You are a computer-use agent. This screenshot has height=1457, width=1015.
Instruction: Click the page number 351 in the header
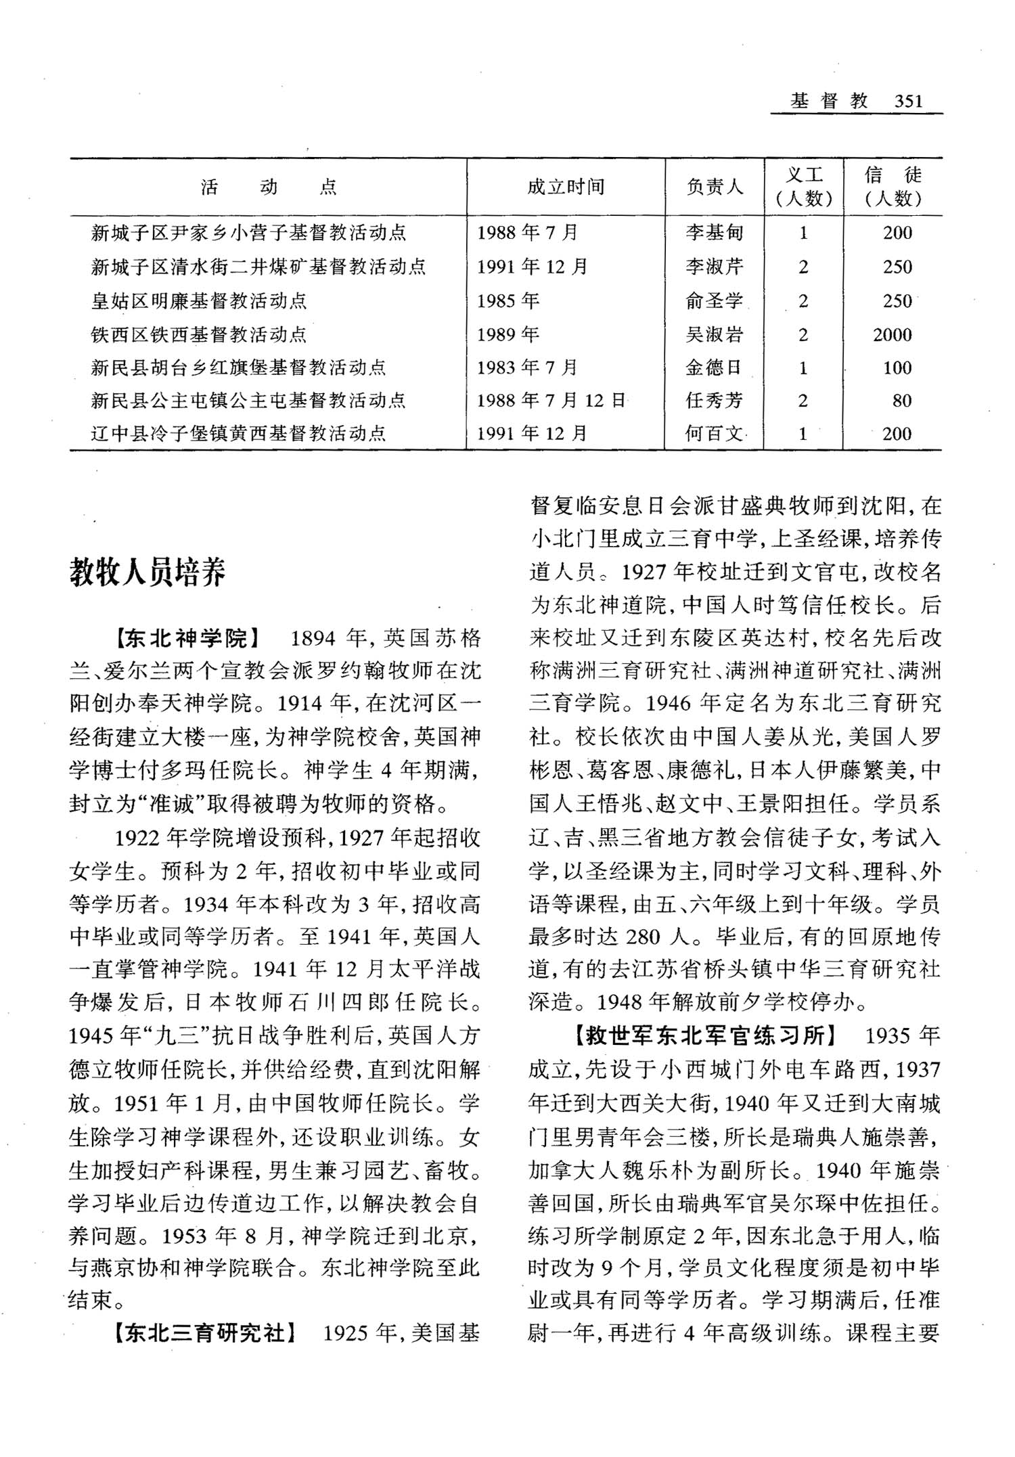point(907,102)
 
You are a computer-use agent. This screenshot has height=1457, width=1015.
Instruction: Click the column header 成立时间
point(566,187)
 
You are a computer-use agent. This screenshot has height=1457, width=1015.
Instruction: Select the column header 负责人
point(715,187)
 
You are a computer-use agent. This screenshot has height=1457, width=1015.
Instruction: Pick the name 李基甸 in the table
point(715,233)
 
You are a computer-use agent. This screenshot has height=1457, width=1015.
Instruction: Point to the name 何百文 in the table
point(715,434)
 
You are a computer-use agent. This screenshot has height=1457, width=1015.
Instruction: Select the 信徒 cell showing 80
point(901,401)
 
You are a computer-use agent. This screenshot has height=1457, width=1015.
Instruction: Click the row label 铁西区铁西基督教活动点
point(199,334)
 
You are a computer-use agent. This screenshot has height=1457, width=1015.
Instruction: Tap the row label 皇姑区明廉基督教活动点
point(199,301)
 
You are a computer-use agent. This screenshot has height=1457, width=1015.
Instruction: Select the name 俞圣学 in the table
point(715,301)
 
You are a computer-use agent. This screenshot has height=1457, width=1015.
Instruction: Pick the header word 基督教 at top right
point(829,102)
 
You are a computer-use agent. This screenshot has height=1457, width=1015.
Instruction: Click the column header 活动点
point(269,187)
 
